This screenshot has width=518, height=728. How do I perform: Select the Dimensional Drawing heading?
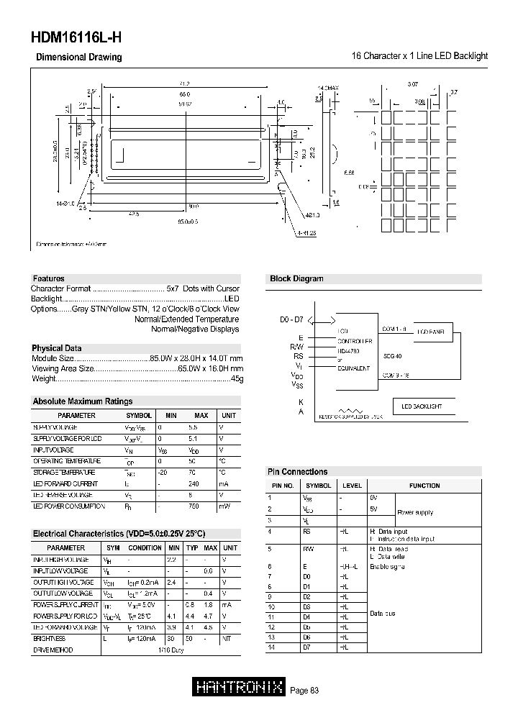click(79, 57)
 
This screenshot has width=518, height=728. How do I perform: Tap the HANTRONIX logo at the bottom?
click(240, 688)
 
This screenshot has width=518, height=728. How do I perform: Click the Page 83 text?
click(304, 690)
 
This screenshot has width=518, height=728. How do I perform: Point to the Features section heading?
click(48, 278)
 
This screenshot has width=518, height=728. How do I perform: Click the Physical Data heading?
click(56, 348)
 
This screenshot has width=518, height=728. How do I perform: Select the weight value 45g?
click(236, 378)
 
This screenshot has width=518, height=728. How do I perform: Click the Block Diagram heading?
click(296, 278)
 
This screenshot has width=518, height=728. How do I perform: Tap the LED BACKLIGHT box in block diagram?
click(422, 406)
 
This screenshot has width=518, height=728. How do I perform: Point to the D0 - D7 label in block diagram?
click(293, 319)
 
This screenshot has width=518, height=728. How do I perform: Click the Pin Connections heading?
click(297, 472)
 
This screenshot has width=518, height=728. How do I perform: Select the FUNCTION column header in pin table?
click(424, 486)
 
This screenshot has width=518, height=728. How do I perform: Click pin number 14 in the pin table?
click(271, 648)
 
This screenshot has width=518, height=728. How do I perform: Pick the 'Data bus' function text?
click(382, 614)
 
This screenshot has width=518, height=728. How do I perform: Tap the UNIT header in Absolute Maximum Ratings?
click(229, 415)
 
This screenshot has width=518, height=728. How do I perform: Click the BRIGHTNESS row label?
click(50, 638)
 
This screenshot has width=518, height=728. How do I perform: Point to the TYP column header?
click(191, 547)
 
